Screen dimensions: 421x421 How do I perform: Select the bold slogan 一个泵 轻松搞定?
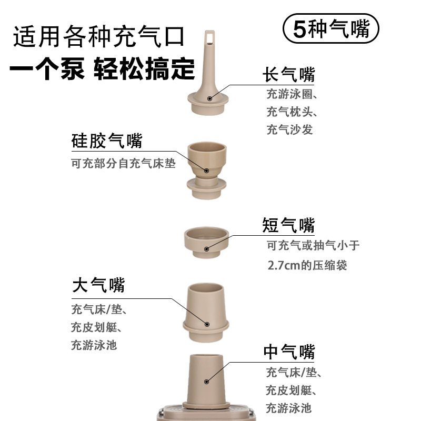[x=103, y=69]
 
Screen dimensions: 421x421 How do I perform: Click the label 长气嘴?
[x=288, y=75]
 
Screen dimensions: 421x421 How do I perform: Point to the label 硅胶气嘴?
[x=107, y=141]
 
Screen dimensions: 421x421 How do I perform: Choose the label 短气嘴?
[x=288, y=225]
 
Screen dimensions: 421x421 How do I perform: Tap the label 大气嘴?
[x=98, y=286]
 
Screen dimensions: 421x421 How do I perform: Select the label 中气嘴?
[x=289, y=352]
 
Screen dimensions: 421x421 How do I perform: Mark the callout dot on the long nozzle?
[x=209, y=98]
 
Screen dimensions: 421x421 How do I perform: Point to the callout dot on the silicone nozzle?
[x=207, y=170]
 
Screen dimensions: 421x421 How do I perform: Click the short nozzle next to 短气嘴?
[x=207, y=242]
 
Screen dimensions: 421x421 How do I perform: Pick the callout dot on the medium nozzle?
[x=207, y=380]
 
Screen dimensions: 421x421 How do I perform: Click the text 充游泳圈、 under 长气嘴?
[x=292, y=95]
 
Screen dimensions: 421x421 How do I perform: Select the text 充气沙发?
[x=289, y=129]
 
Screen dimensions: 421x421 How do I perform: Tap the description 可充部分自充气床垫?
[x=123, y=164]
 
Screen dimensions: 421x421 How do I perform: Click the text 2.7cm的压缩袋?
[x=307, y=265]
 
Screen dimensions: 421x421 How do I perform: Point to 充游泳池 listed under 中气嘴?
[x=289, y=408]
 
